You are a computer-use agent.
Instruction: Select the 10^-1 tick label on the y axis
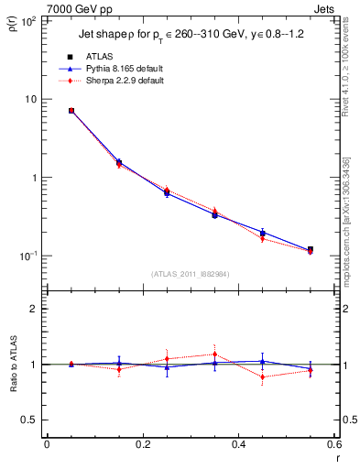29,256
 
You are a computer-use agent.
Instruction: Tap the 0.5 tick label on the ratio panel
30,420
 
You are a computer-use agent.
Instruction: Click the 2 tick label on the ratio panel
35,309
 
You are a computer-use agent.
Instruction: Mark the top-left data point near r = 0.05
71,111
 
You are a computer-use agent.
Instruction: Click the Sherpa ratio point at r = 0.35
214,354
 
